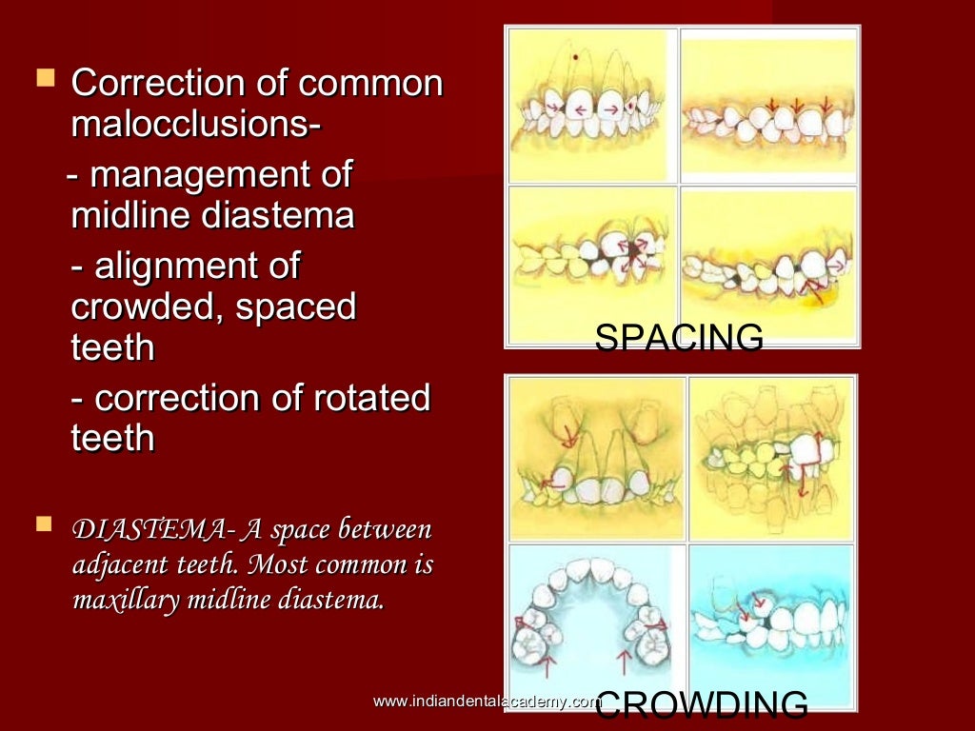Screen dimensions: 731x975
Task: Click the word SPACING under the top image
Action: [679, 338]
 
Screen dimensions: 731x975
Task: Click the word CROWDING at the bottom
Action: [705, 704]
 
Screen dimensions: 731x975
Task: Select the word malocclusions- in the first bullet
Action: [195, 125]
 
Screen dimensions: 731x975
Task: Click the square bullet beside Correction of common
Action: [43, 79]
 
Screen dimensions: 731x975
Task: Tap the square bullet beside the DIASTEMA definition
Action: [43, 524]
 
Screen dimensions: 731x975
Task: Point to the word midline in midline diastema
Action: [129, 217]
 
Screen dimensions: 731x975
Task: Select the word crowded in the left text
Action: [143, 307]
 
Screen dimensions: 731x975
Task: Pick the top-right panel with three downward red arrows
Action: [769, 105]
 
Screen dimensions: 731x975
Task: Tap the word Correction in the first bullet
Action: [151, 84]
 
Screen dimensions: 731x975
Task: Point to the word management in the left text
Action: [190, 176]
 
